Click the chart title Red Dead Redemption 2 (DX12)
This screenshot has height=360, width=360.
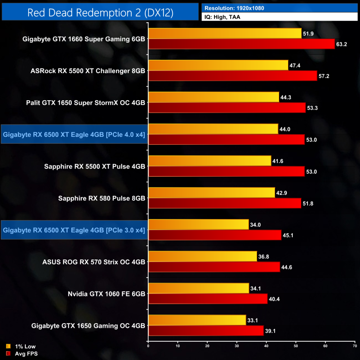(100, 13)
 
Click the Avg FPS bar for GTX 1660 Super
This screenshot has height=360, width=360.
(242, 44)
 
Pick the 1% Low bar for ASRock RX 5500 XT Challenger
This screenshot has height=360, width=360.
(218, 65)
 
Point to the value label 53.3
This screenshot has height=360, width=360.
(312, 108)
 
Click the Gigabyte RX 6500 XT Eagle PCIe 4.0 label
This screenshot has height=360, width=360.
(74, 134)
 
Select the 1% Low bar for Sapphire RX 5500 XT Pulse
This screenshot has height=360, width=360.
(210, 161)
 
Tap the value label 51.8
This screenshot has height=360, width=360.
(308, 204)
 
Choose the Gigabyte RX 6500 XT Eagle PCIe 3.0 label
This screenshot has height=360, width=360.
(74, 230)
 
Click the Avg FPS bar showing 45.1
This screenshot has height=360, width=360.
(215, 235)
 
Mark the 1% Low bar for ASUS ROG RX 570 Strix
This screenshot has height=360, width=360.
(202, 256)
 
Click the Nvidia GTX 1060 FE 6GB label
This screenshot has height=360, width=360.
(106, 294)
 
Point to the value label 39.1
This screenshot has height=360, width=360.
(270, 331)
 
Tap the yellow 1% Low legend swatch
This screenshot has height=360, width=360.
(8, 346)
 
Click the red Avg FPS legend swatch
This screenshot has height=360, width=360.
(8, 353)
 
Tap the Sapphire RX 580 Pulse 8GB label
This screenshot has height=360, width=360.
(102, 198)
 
